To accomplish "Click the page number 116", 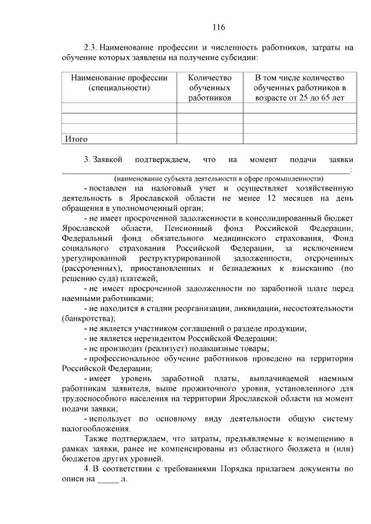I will point(218,27).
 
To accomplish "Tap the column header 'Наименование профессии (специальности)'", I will point(119,83).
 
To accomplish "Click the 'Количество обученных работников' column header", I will point(210,87).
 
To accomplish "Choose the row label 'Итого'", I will point(77,139).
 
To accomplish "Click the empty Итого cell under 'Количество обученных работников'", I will point(210,139).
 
